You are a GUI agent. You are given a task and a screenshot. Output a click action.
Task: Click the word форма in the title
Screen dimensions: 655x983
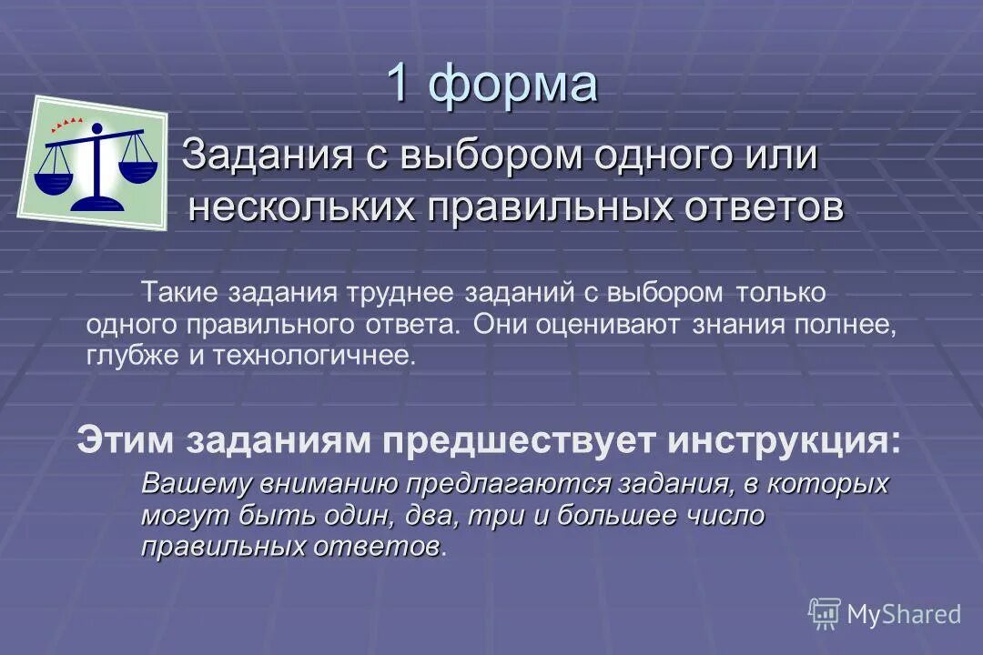513,85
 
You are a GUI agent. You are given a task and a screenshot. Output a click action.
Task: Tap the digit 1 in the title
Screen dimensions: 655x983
399,84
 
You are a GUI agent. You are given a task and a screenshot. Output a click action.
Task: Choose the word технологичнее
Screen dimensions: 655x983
314,355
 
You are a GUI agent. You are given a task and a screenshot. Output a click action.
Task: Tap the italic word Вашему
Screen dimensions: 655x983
194,484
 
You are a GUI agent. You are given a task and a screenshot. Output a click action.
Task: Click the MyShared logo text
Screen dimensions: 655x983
903,614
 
